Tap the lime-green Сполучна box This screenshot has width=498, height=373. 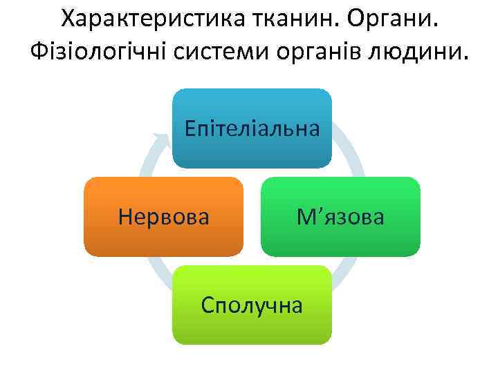(x=252, y=325)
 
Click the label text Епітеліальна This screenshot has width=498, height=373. (x=252, y=128)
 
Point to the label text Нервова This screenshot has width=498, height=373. (x=164, y=217)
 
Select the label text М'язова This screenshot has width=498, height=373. (x=340, y=217)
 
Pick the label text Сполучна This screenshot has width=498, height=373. (x=252, y=305)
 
